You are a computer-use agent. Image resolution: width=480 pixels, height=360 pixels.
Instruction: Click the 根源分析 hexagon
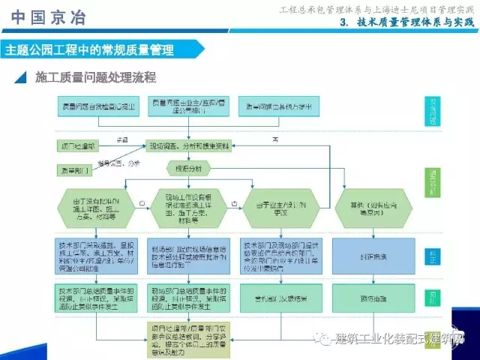coord(187,168)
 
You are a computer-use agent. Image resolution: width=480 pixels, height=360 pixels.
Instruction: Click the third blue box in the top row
coord(277,106)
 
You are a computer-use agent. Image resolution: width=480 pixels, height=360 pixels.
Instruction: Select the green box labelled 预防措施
coord(367,298)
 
